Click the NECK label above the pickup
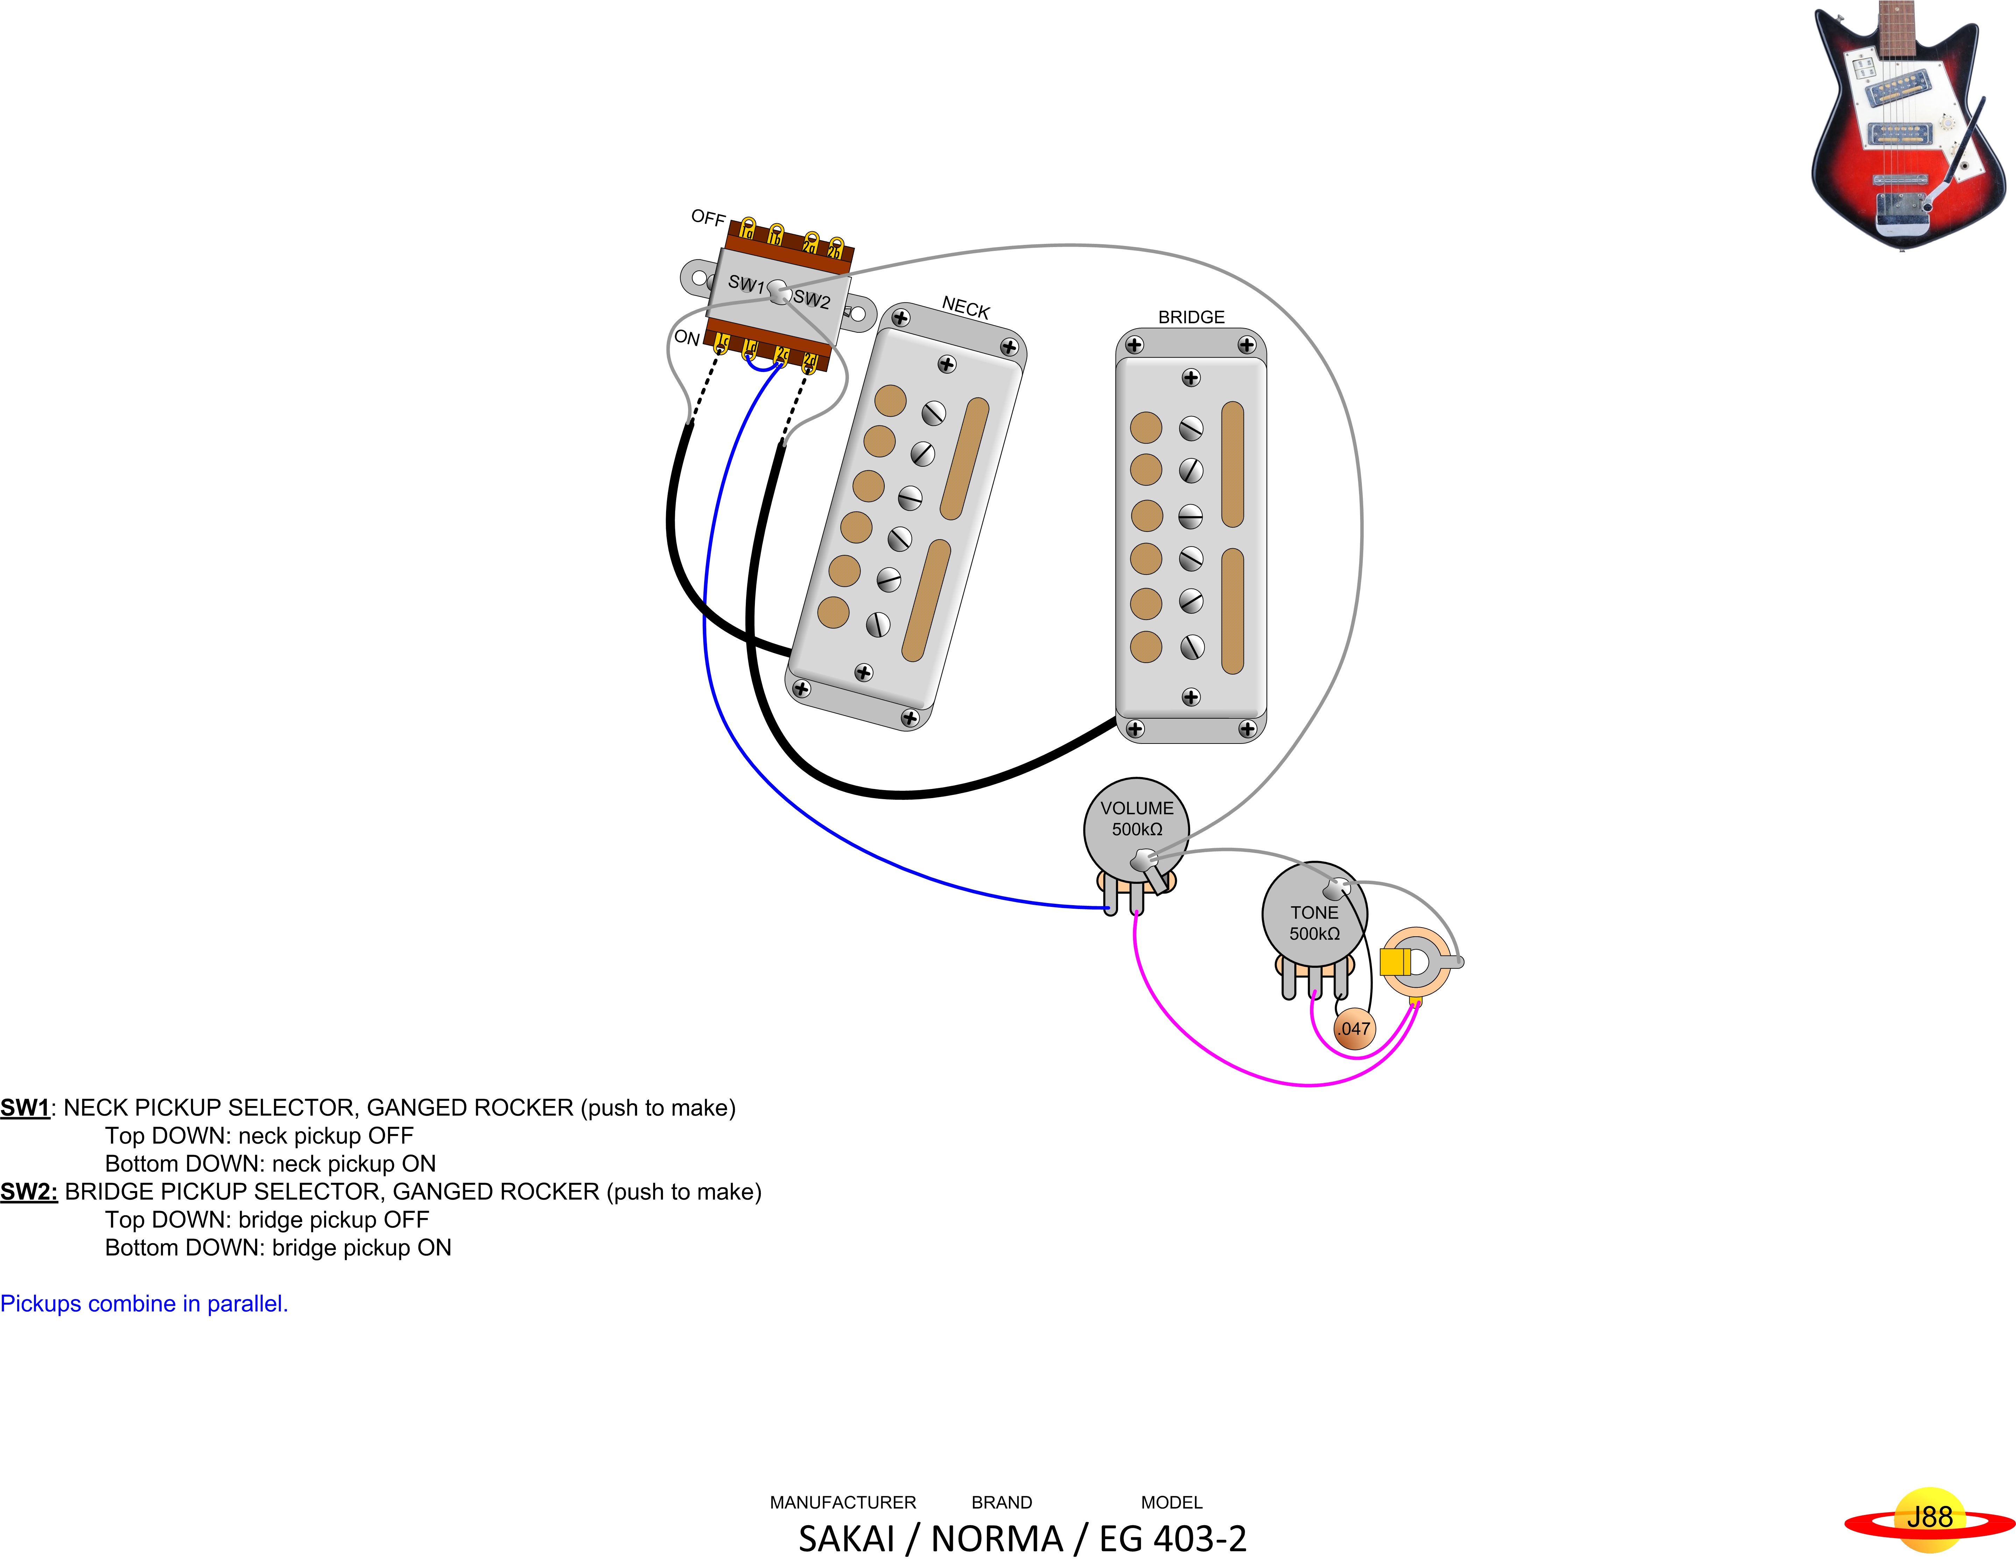click(x=965, y=308)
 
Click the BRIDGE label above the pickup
click(x=1191, y=317)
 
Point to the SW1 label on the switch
click(x=746, y=283)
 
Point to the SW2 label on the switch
click(x=811, y=299)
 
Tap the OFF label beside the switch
click(x=708, y=218)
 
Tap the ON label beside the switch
click(x=687, y=338)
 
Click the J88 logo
click(x=1929, y=1518)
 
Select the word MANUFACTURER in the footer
click(x=843, y=1502)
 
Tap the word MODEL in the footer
click(x=1172, y=1502)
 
